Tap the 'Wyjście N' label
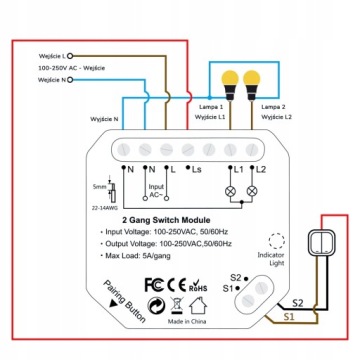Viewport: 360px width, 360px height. click(103, 119)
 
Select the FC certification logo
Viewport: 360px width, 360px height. click(155, 282)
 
